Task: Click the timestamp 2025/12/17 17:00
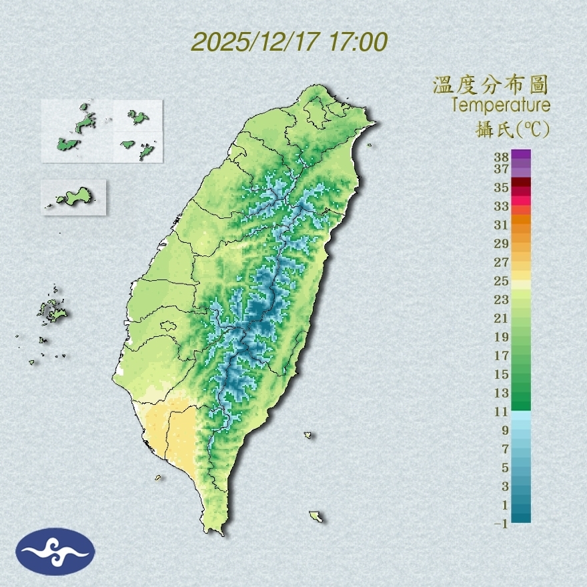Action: [289, 43]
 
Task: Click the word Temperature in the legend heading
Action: [500, 105]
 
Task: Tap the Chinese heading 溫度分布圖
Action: [490, 85]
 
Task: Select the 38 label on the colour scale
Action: [502, 157]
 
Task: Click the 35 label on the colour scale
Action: [502, 187]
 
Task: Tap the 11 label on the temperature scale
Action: [502, 412]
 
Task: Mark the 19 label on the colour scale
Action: [502, 337]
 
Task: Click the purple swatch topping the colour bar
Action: [521, 155]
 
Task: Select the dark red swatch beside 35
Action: [521, 182]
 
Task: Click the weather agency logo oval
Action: [55, 552]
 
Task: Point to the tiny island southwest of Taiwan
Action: [159, 478]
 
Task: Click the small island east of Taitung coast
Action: [308, 436]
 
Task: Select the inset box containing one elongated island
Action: [74, 197]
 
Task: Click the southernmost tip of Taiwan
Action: [215, 532]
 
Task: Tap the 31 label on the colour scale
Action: [502, 225]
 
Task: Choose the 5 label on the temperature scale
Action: [505, 468]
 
